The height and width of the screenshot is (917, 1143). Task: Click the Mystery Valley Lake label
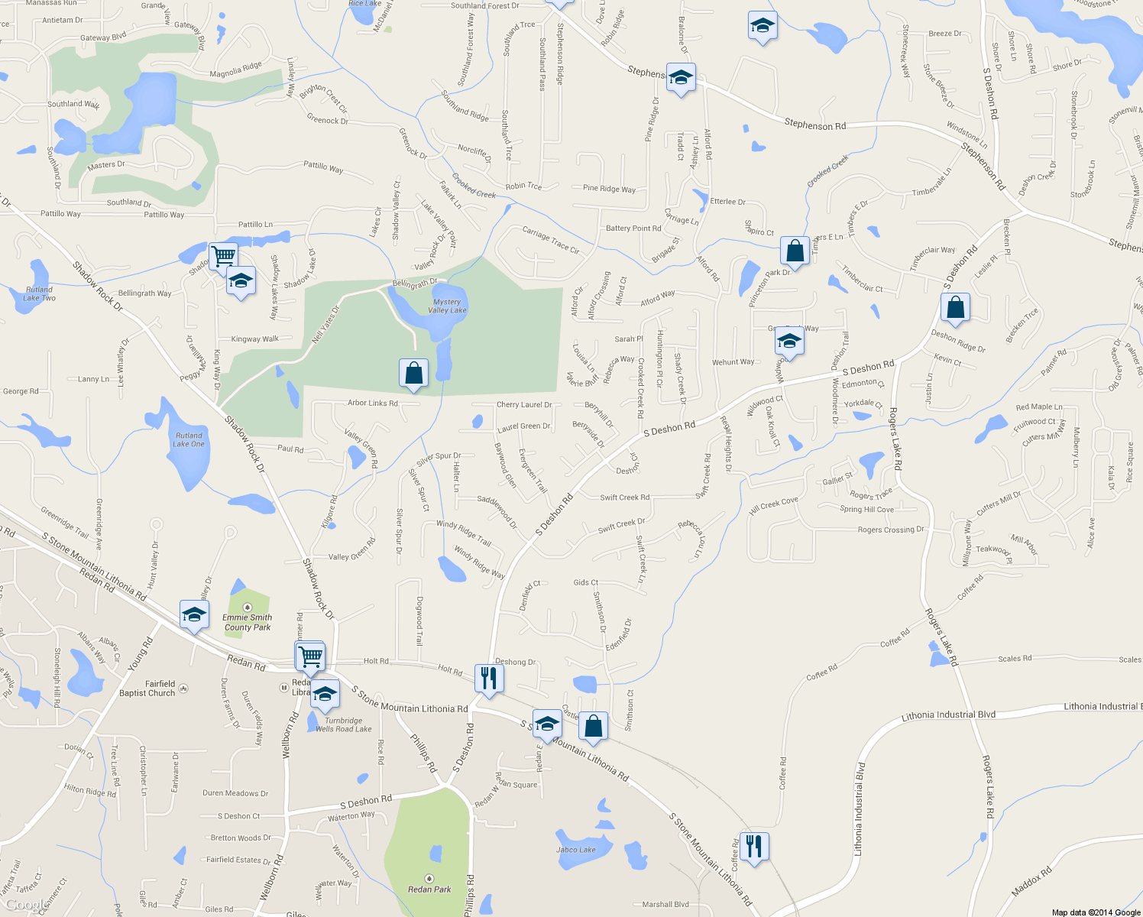click(447, 306)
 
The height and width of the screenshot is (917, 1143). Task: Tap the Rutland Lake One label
click(189, 439)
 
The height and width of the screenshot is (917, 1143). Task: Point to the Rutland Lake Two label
click(39, 293)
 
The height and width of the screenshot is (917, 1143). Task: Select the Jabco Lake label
click(576, 850)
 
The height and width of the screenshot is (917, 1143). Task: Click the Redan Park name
click(429, 889)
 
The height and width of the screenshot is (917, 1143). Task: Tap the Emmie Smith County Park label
click(248, 622)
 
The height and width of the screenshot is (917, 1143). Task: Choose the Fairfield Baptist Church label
click(147, 689)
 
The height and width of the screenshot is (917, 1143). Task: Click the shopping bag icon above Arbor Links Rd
click(413, 373)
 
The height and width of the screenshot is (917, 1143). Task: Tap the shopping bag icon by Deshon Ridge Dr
click(955, 307)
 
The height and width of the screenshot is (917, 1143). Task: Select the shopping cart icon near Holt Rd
click(310, 655)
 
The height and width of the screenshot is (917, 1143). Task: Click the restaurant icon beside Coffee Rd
click(754, 846)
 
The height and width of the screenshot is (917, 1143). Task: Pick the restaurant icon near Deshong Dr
click(488, 677)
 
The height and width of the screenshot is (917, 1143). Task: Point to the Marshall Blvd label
click(665, 904)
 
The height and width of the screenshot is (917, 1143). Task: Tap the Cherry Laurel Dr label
click(524, 405)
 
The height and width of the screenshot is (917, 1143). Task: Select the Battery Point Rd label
click(633, 228)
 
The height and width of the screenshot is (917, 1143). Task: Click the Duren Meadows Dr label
click(235, 793)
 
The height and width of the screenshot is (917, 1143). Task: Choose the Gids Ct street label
click(586, 582)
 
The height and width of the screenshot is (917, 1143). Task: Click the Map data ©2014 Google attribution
click(1096, 912)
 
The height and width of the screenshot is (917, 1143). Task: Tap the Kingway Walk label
click(255, 339)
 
